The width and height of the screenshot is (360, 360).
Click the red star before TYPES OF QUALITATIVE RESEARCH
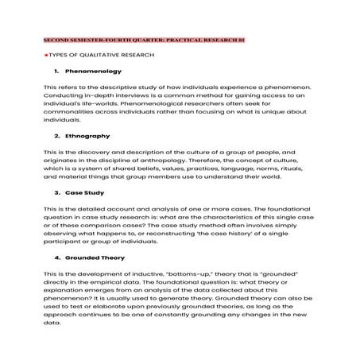coord(46,55)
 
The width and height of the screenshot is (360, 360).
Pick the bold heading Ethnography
coord(87,136)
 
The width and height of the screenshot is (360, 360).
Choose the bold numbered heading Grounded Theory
coord(98,258)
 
